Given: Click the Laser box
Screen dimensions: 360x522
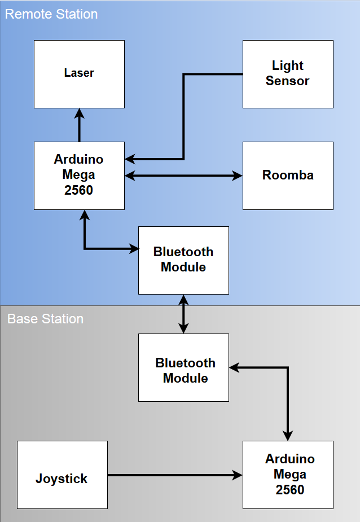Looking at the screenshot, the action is [79, 74].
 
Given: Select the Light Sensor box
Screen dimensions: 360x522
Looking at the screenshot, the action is [288, 74].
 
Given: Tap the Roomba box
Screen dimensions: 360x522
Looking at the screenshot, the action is [288, 176].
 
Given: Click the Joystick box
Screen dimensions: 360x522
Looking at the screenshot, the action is [62, 475].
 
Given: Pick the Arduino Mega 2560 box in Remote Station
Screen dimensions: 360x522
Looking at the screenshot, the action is [79, 176].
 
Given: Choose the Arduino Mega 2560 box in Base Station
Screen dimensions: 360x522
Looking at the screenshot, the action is [288, 475].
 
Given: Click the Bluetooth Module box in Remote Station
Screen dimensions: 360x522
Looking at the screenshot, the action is [183, 260].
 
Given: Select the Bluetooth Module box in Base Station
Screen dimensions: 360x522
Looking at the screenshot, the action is [183, 367].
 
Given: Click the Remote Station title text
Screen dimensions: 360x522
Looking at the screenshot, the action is [51, 14].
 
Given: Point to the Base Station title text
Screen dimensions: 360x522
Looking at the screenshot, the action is [45, 319].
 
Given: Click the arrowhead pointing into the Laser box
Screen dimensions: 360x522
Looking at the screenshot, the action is [79, 113].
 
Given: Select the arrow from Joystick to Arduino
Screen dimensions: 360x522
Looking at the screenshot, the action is [175, 475].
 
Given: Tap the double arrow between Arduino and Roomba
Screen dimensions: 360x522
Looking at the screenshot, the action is [183, 176].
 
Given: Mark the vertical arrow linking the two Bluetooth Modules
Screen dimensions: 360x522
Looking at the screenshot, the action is [183, 314].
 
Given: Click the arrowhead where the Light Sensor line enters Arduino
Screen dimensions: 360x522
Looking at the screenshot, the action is [130, 159].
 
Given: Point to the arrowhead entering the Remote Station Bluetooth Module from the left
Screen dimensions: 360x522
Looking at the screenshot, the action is [134, 248].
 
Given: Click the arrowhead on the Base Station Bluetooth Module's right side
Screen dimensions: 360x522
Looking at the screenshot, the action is [234, 367].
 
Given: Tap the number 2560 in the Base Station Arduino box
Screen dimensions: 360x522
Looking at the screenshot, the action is [289, 490].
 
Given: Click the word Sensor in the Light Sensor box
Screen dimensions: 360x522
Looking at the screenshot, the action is [287, 81].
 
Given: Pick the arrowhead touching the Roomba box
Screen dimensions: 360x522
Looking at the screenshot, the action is [238, 176].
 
